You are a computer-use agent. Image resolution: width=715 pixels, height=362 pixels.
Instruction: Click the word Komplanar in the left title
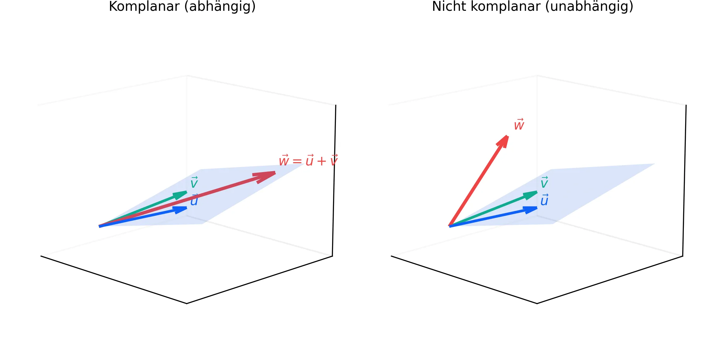pyautogui.click(x=144, y=7)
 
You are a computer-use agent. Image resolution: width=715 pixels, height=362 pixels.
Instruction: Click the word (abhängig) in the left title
pyautogui.click(x=220, y=7)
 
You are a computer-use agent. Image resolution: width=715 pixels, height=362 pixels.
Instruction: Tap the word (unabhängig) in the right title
pyautogui.click(x=589, y=7)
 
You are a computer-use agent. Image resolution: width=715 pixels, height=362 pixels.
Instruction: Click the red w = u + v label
pyautogui.click(x=308, y=160)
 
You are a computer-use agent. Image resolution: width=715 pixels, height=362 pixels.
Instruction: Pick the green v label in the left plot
pyautogui.click(x=194, y=182)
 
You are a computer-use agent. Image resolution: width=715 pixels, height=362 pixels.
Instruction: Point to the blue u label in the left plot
pyautogui.click(x=194, y=200)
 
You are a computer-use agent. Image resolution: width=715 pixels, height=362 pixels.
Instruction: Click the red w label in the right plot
pyautogui.click(x=519, y=124)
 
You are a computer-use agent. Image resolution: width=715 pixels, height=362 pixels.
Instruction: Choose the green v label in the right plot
pyautogui.click(x=544, y=182)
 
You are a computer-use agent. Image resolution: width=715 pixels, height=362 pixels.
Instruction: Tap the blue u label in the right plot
pyautogui.click(x=544, y=200)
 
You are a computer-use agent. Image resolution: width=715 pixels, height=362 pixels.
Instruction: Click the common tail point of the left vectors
pyautogui.click(x=99, y=226)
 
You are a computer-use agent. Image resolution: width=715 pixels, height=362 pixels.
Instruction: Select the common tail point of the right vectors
pyautogui.click(x=450, y=226)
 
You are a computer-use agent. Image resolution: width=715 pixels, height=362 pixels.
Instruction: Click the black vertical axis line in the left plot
pyautogui.click(x=334, y=180)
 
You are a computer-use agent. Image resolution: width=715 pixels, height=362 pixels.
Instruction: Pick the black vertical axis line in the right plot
pyautogui.click(x=684, y=180)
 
